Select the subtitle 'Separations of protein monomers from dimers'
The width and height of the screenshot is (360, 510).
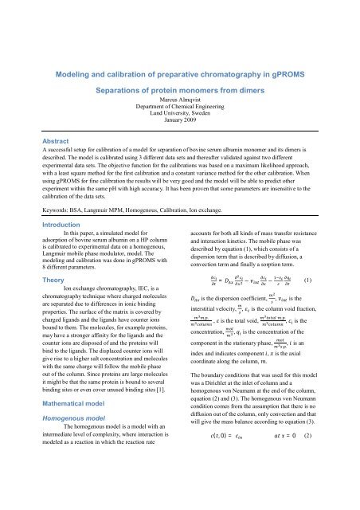click(x=179, y=92)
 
